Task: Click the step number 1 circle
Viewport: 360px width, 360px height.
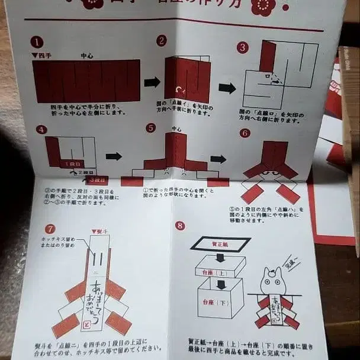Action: (x=37, y=42)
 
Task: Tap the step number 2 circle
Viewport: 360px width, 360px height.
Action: (x=161, y=40)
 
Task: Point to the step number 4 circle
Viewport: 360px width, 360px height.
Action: (x=41, y=130)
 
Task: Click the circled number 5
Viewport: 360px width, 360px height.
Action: (x=151, y=128)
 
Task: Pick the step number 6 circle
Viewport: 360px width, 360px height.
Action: (x=245, y=133)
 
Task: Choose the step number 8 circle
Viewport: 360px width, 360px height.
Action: (x=180, y=226)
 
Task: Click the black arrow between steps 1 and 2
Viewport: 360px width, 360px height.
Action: (x=152, y=82)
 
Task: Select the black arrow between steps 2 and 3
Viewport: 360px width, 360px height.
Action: (x=227, y=88)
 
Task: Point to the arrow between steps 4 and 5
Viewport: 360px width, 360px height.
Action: (x=114, y=156)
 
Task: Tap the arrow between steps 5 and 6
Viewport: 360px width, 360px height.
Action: (x=218, y=159)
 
